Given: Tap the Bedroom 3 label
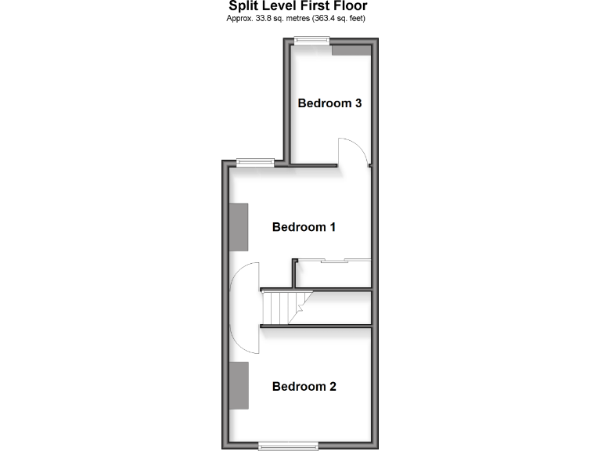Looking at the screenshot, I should [x=329, y=103].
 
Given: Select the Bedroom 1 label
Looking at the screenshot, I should [x=304, y=227].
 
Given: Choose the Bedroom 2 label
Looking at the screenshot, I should [x=304, y=386].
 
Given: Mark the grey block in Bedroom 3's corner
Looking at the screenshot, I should [x=350, y=50].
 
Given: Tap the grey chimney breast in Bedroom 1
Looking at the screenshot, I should [x=239, y=227].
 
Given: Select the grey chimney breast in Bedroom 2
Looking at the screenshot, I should [x=239, y=385].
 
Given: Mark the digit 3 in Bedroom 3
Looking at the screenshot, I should [x=357, y=103].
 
